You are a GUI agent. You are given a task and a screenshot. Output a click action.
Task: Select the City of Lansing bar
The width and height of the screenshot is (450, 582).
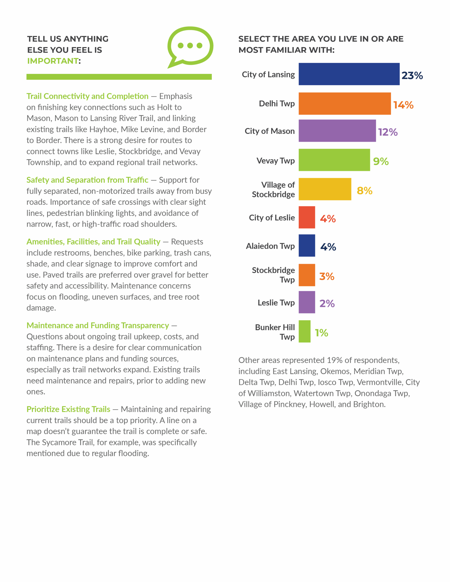349,74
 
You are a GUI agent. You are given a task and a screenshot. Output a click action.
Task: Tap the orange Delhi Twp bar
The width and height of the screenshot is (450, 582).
345,104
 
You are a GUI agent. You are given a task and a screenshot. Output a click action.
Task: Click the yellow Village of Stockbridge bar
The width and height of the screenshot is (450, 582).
325,189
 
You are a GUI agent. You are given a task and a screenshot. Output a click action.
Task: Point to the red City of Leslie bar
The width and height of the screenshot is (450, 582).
307,217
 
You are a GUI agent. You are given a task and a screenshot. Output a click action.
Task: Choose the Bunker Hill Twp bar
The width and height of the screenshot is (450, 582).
304,331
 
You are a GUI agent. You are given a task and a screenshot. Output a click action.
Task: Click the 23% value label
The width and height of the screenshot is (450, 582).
412,75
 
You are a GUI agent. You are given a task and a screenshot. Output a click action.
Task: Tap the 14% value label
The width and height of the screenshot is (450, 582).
403,105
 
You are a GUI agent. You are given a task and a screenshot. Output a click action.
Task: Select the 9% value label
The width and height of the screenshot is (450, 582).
381,161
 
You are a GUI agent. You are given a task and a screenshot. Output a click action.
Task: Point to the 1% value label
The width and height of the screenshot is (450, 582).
321,333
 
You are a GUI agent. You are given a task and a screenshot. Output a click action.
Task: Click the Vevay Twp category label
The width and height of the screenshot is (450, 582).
276,161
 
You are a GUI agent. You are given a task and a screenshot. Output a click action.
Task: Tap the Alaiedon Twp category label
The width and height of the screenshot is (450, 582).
270,246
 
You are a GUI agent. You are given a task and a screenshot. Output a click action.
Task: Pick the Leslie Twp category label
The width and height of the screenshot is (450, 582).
276,303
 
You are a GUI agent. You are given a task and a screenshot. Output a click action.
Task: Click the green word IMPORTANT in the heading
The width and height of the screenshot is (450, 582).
53,61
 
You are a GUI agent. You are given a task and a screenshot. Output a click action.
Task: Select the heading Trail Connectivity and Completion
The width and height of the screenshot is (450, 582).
88,96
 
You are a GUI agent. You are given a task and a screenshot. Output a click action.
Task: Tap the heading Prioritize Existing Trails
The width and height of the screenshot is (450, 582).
68,409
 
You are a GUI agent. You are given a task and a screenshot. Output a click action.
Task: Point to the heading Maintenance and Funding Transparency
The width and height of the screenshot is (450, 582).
98,325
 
